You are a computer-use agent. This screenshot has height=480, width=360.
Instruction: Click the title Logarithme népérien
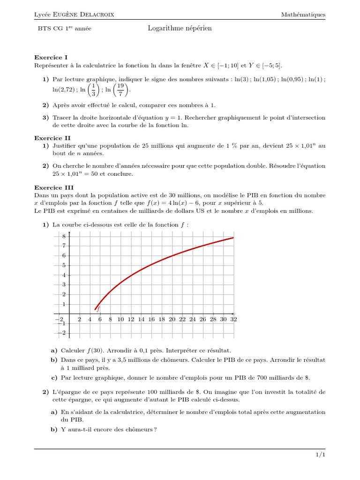point(180,29)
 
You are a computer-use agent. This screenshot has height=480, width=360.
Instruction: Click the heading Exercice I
point(51,57)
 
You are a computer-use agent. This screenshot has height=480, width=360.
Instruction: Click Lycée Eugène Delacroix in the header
point(74,15)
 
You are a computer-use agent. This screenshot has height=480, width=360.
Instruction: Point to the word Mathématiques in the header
point(303,15)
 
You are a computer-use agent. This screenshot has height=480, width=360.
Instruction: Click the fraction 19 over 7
point(120,90)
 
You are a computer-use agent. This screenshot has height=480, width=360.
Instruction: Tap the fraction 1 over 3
point(94,90)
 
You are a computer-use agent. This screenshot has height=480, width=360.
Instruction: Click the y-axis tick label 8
point(64,236)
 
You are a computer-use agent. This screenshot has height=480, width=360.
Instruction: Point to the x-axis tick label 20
point(172,320)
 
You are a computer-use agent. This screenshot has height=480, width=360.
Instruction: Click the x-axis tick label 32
point(233,320)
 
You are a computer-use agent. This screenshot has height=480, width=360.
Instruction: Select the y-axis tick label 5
point(64,265)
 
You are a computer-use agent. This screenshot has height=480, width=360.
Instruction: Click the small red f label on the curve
point(98,308)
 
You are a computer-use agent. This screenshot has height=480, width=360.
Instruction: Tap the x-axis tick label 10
point(120,320)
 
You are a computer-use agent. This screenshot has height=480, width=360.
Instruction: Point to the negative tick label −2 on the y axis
point(62,333)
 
